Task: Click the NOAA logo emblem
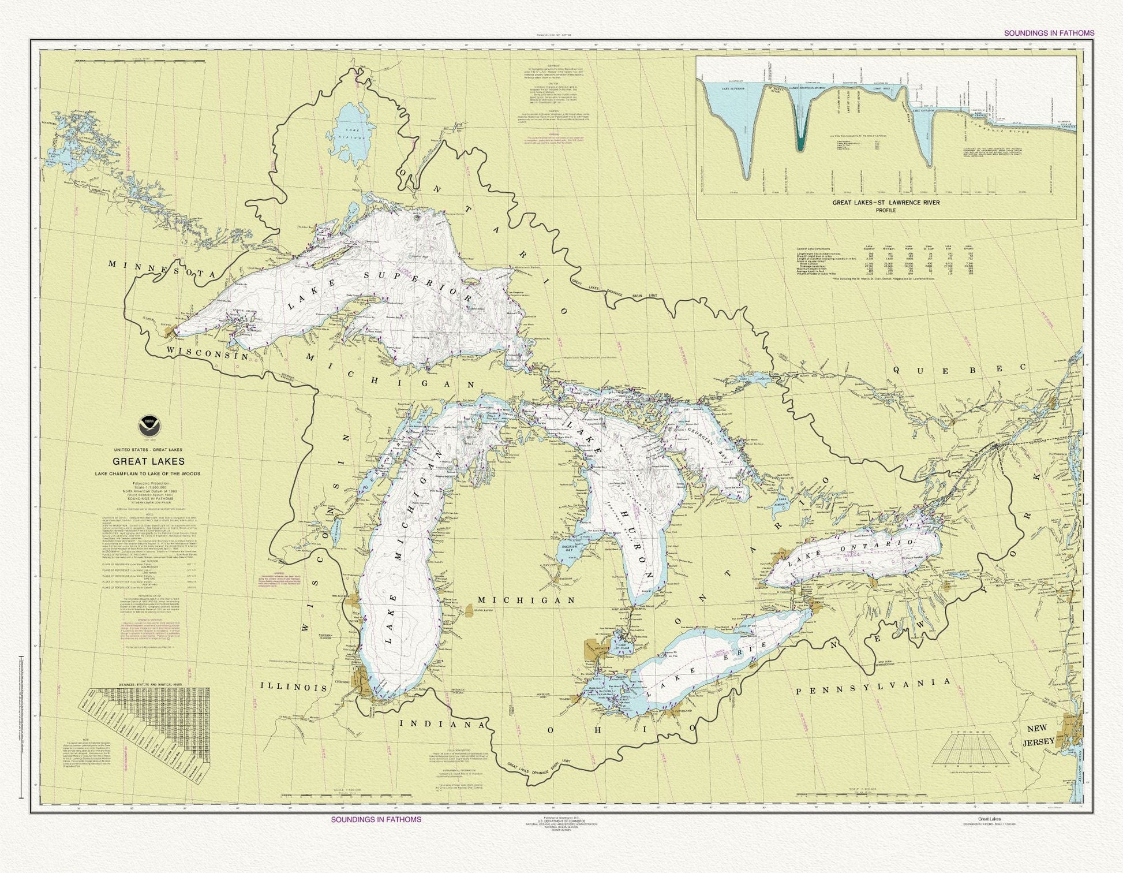(149, 428)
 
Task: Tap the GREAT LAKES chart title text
(149, 461)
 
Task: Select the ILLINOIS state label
(294, 688)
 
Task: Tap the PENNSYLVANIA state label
(873, 687)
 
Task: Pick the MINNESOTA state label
(162, 270)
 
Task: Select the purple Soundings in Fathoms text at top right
(1049, 33)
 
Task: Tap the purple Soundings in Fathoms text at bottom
(376, 819)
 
